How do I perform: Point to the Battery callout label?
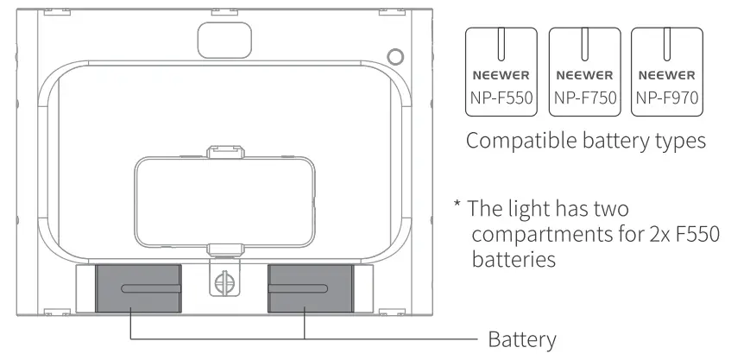click(x=522, y=339)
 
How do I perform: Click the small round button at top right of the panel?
click(x=395, y=57)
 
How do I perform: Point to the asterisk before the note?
click(x=458, y=205)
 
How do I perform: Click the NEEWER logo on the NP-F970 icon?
click(x=667, y=76)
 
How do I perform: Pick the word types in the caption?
click(x=681, y=142)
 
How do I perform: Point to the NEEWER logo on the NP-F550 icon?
click(x=501, y=76)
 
